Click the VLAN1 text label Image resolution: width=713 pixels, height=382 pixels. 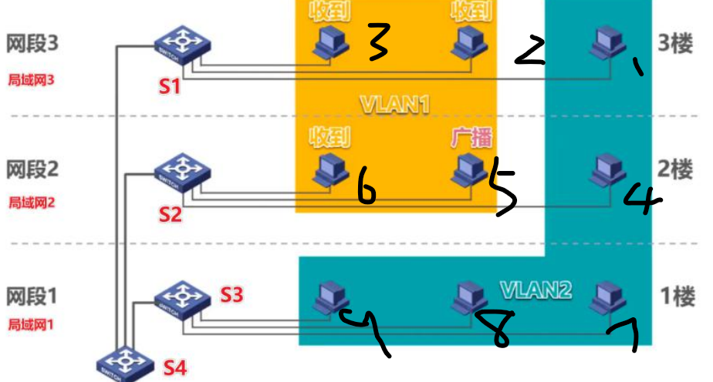point(394,104)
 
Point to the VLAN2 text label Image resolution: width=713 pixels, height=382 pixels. point(536,290)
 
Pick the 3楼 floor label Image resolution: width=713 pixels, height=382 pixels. point(679,42)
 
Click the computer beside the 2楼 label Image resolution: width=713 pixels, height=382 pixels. point(608,171)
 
